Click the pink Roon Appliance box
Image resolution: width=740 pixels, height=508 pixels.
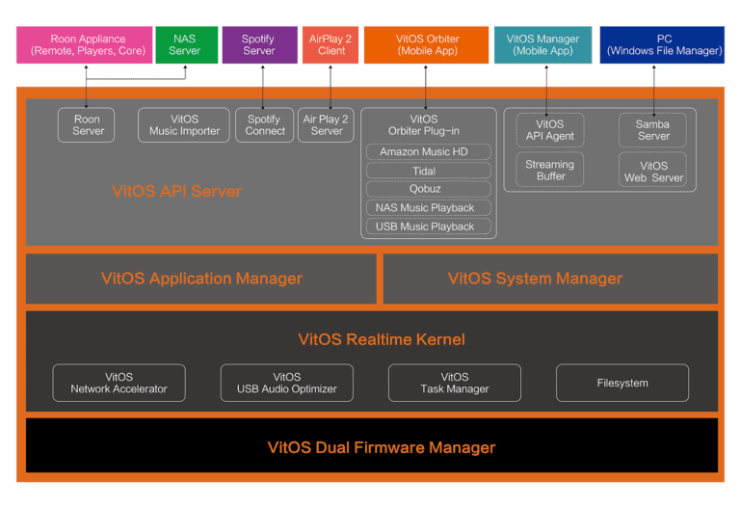tap(85, 45)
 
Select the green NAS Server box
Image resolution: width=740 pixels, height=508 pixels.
tap(187, 45)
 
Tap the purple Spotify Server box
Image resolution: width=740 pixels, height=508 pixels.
tap(260, 45)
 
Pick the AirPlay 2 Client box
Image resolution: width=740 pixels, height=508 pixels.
tap(330, 45)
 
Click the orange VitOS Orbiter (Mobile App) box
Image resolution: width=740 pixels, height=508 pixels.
tap(426, 45)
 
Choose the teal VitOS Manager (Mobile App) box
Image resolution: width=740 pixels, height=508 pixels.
tap(542, 45)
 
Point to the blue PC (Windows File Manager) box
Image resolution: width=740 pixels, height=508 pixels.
tap(662, 45)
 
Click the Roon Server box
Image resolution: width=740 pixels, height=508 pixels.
tap(87, 125)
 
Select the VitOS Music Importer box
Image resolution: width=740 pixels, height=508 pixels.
tap(184, 125)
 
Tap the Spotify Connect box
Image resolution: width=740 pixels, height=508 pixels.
tap(265, 125)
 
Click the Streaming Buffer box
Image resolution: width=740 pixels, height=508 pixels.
tap(550, 170)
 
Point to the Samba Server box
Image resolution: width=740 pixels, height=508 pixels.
tap(652, 130)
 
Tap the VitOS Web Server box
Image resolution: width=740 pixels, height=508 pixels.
tap(652, 170)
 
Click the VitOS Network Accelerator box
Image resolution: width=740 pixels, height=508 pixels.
tap(119, 383)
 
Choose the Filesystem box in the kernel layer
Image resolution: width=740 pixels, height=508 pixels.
tap(622, 383)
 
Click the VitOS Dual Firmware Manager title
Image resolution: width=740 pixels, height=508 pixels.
tap(382, 447)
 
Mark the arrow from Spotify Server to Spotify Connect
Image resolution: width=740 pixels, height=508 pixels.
tap(263, 88)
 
